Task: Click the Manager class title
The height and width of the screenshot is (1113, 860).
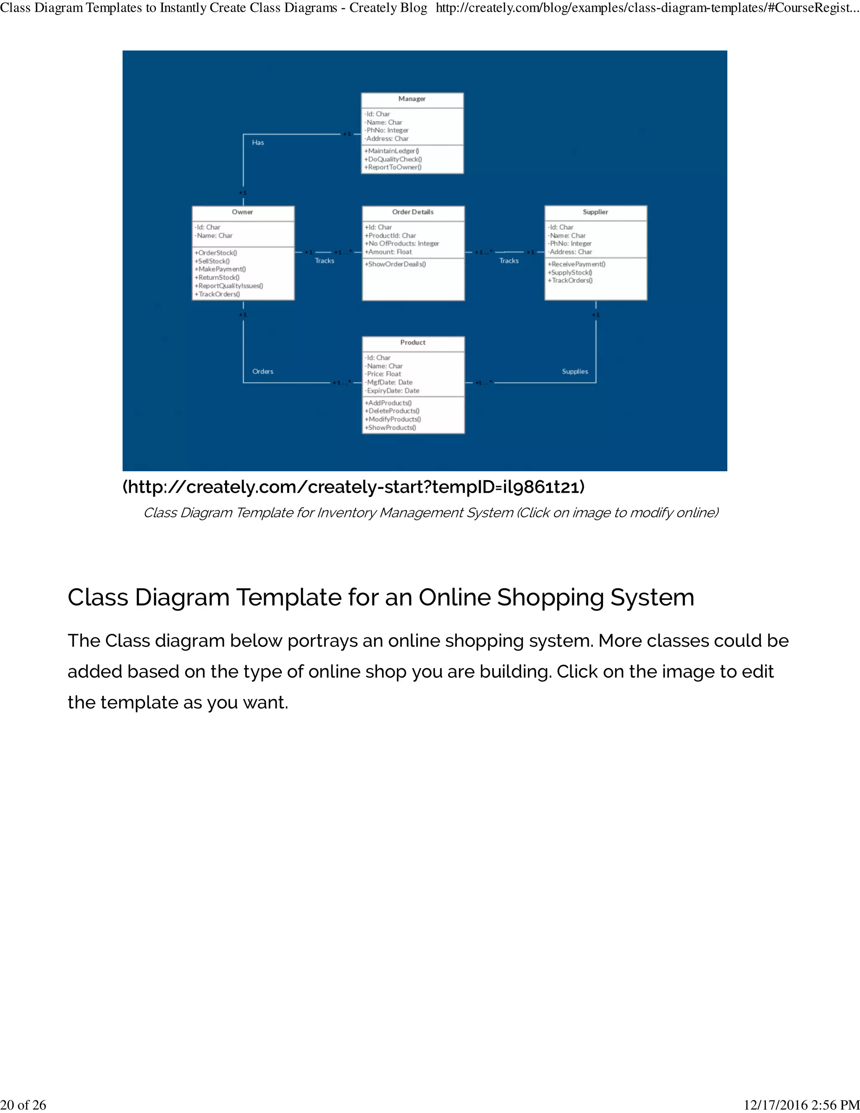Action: click(412, 99)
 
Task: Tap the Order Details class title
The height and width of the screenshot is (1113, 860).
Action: click(413, 212)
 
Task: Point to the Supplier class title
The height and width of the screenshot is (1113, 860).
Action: click(595, 212)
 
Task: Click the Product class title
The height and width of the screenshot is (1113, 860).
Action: click(413, 342)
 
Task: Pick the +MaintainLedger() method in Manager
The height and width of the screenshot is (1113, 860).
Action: click(391, 151)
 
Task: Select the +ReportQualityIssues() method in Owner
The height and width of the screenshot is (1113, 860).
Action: click(229, 286)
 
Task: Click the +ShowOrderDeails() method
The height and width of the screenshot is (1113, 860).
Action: click(395, 264)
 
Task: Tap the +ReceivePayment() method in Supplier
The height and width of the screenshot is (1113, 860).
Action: click(576, 264)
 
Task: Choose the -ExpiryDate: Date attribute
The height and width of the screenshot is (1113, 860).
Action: click(392, 391)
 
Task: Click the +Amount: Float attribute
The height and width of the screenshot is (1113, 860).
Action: click(388, 252)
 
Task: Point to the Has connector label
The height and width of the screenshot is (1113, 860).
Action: click(258, 143)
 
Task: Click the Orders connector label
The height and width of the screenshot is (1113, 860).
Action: click(263, 372)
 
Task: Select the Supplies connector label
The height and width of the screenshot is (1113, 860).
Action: click(575, 372)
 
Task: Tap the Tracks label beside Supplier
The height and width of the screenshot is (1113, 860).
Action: click(509, 261)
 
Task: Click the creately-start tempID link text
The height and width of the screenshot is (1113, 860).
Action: click(354, 487)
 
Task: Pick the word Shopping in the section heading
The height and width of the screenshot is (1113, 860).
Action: click(550, 597)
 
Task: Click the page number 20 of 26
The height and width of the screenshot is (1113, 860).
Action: click(24, 1105)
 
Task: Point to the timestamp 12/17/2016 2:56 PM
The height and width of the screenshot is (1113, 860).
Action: click(801, 1105)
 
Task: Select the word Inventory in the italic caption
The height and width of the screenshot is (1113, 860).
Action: click(346, 513)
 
